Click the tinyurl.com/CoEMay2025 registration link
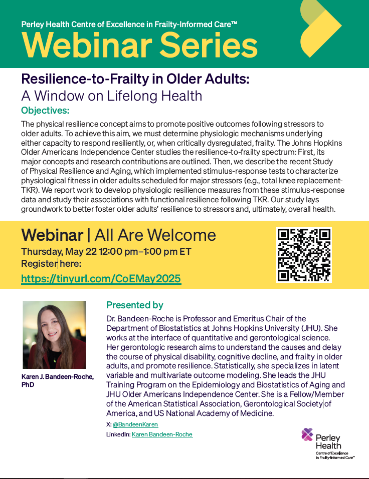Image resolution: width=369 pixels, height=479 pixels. (101, 279)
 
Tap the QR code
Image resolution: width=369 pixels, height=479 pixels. (304, 255)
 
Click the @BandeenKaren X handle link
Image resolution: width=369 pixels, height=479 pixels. (135, 424)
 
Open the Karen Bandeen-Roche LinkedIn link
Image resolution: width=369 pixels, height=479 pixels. (162, 434)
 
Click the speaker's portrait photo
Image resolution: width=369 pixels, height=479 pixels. (54, 335)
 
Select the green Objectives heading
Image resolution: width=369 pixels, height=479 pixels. (45, 110)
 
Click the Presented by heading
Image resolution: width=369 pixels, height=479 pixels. (135, 305)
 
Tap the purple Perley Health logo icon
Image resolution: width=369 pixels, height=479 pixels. (307, 434)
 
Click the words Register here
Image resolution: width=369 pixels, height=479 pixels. (51, 263)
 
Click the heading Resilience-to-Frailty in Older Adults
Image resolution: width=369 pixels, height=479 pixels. (135, 79)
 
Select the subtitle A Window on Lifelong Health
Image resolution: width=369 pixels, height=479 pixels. (112, 96)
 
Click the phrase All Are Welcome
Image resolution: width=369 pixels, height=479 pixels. (155, 235)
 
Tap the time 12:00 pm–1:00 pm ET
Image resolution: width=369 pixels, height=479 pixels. (145, 252)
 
